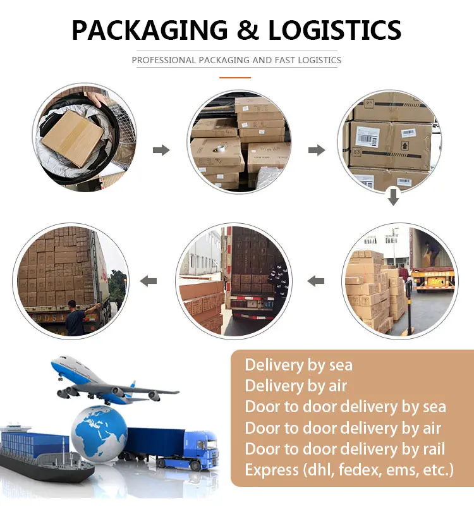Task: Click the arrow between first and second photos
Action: pos(162,150)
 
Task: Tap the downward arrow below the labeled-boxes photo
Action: pos(393,197)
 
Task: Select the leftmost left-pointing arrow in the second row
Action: pos(149,280)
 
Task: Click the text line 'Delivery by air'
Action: pos(296,386)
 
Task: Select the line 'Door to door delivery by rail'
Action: pos(344,449)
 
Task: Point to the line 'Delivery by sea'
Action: pos(298,365)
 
